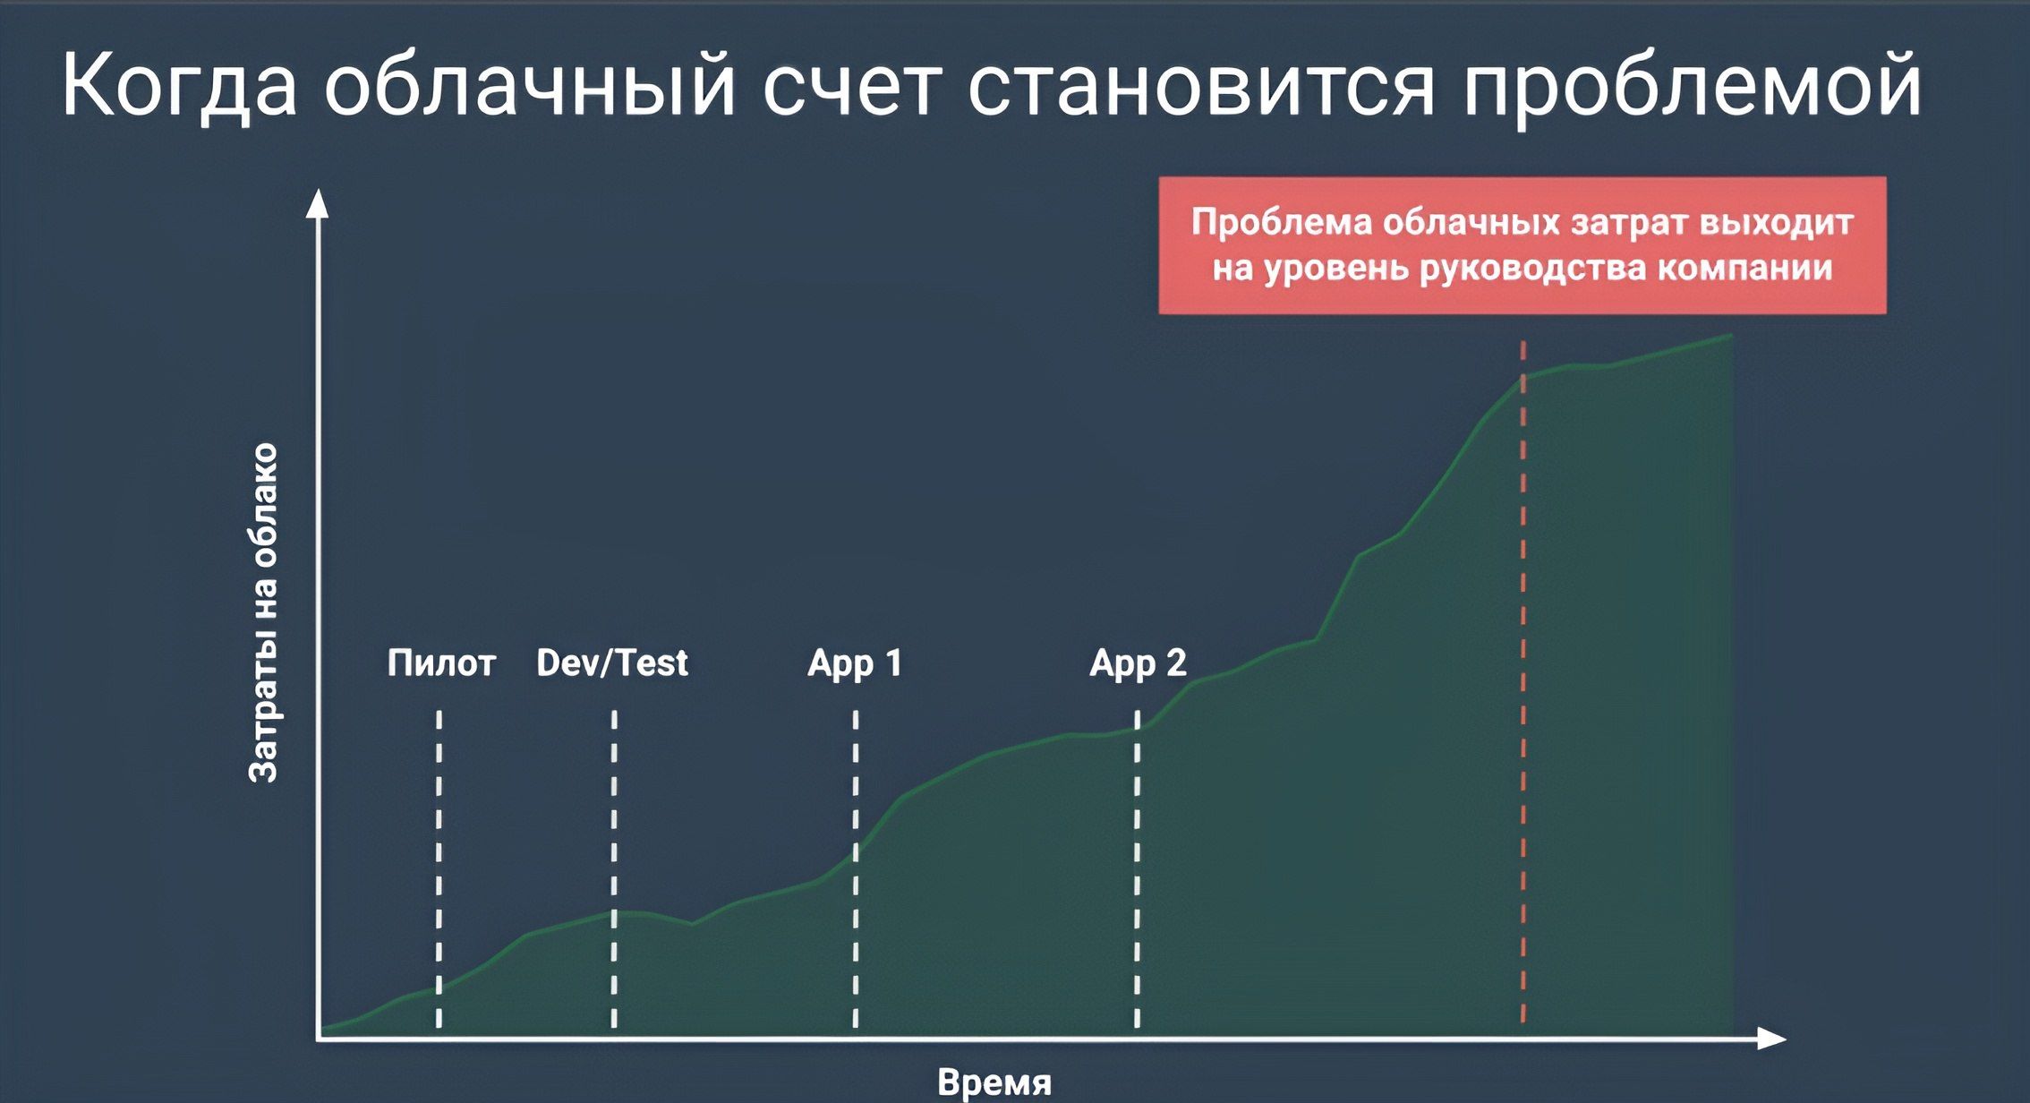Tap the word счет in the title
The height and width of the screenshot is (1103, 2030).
pos(852,89)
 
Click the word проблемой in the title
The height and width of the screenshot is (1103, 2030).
pos(1693,86)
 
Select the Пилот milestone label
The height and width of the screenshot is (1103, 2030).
pos(441,663)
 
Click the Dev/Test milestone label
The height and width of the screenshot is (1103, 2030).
pos(612,663)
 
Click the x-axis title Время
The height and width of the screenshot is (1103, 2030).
pos(994,1082)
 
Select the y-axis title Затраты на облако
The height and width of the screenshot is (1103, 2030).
pos(263,613)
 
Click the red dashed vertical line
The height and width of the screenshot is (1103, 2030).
pos(1522,682)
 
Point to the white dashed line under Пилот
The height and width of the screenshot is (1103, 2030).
pos(439,869)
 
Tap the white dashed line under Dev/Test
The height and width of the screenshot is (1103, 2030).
pos(614,869)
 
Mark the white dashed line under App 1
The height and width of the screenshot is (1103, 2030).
pos(856,869)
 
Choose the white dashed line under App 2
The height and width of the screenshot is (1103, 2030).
pos(1137,869)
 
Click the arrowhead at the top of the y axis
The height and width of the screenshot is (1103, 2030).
pos(318,203)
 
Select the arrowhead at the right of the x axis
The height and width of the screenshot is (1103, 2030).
pos(1772,1039)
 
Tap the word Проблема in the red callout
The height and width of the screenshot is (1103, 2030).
pos(1282,222)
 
